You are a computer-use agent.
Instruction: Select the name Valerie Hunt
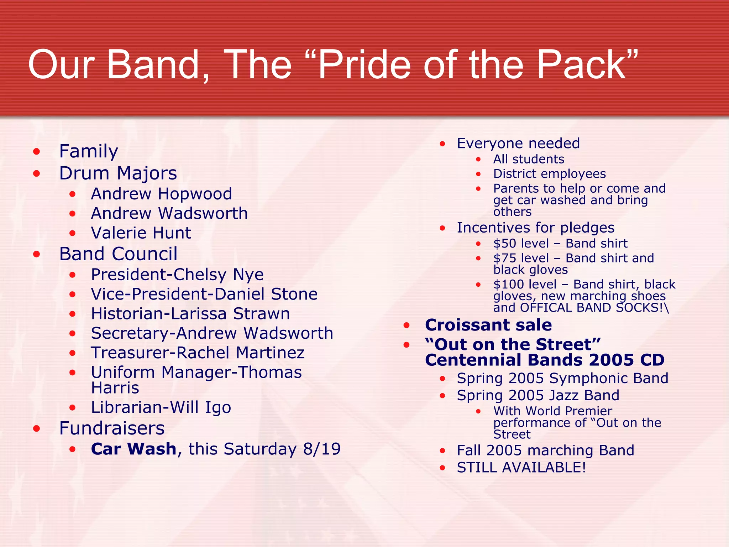click(141, 233)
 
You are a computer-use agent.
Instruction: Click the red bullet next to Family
click(36, 152)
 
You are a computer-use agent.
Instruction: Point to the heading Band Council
click(118, 254)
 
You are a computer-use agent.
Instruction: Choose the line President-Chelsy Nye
click(177, 275)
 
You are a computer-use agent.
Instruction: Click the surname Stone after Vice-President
click(294, 295)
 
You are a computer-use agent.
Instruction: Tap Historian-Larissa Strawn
click(190, 314)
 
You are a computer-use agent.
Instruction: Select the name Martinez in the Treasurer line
click(270, 353)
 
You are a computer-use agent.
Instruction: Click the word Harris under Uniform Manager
click(115, 388)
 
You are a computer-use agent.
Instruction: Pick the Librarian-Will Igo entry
click(161, 408)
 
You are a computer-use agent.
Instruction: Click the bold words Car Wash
click(133, 449)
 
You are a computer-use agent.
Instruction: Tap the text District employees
click(549, 174)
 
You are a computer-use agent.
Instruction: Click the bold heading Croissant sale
click(488, 325)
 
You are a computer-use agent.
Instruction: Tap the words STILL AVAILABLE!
click(521, 468)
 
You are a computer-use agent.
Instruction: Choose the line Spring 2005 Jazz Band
click(538, 396)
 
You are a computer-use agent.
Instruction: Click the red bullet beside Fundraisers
click(36, 429)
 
